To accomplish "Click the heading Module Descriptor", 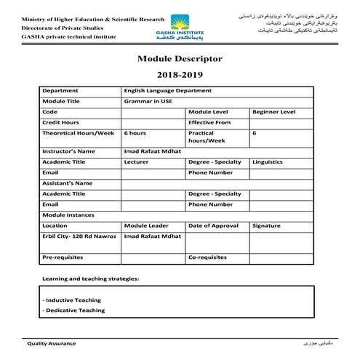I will (x=180, y=58).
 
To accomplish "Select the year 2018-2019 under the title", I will (x=180, y=75).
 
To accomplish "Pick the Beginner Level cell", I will (x=273, y=112).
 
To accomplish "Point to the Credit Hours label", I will (x=61, y=123).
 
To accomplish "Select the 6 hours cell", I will (x=135, y=134).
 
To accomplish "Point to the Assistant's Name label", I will (x=68, y=183).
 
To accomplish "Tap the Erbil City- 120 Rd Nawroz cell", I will (x=80, y=237).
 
